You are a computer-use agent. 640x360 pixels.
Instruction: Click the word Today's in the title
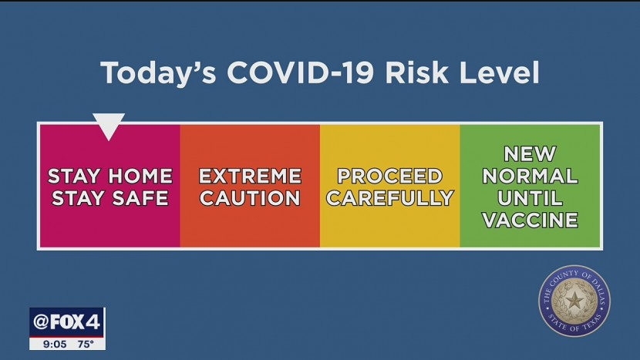[x=158, y=73]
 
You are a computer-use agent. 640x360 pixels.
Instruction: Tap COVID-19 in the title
[x=301, y=73]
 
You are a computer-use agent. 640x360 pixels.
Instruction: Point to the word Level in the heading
[x=500, y=72]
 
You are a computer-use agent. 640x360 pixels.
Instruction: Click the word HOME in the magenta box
[x=140, y=176]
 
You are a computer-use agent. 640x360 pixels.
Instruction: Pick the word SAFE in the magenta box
[x=140, y=198]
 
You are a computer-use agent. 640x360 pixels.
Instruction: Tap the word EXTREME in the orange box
[x=250, y=176]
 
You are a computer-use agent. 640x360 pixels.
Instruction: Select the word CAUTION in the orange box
[x=250, y=198]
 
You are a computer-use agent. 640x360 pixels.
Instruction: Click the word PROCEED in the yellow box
[x=390, y=176]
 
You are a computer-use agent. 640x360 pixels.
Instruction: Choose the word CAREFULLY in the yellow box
[x=390, y=198]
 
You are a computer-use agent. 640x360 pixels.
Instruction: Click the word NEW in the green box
[x=530, y=154]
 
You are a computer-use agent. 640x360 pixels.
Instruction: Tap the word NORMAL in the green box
[x=530, y=176]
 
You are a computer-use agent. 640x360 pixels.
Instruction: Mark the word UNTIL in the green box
[x=530, y=198]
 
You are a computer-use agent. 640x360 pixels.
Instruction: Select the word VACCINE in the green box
[x=530, y=220]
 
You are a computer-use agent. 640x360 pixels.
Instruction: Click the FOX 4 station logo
[x=67, y=322]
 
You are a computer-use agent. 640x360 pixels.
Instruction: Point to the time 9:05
[x=55, y=344]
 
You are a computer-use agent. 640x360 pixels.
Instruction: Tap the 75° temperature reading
[x=86, y=344]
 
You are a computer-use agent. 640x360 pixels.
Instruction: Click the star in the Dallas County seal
[x=574, y=301]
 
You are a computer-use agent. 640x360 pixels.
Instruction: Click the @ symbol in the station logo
[x=41, y=322]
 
